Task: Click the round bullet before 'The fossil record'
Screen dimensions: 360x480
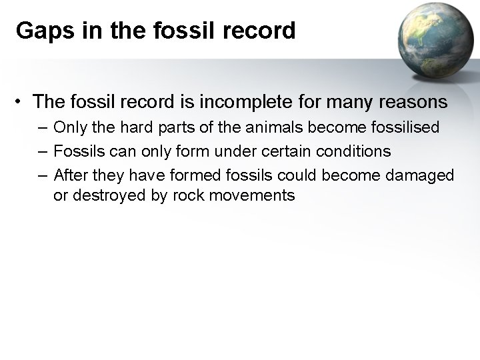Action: [22, 103]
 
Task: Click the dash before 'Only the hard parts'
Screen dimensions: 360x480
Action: [43, 127]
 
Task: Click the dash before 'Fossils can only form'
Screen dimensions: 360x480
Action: [43, 151]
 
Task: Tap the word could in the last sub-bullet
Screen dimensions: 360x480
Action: [297, 175]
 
